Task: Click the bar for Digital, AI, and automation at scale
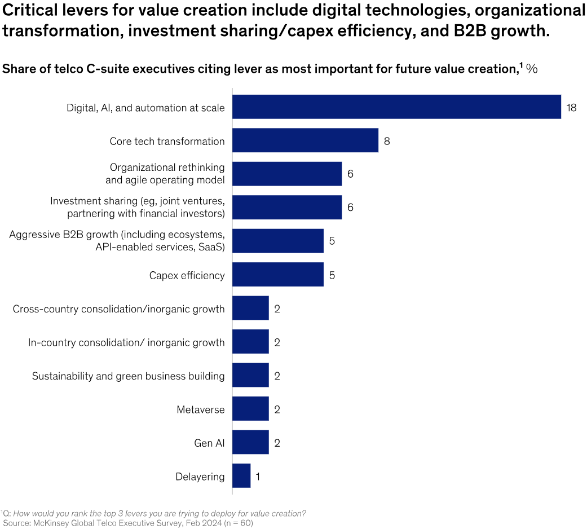[396, 107]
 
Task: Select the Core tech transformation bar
[305, 140]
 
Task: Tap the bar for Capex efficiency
[278, 275]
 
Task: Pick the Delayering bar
[241, 476]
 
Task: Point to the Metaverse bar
[250, 409]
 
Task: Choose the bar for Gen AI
[250, 443]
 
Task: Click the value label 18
[571, 107]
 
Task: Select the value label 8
[387, 141]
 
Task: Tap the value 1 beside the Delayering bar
[258, 477]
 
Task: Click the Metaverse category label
[200, 409]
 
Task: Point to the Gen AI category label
[209, 443]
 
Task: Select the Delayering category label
[200, 477]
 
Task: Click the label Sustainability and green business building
[128, 376]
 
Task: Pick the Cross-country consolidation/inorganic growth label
[118, 308]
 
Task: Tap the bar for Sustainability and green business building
[250, 376]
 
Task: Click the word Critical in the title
[28, 10]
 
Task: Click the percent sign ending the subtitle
[532, 69]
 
